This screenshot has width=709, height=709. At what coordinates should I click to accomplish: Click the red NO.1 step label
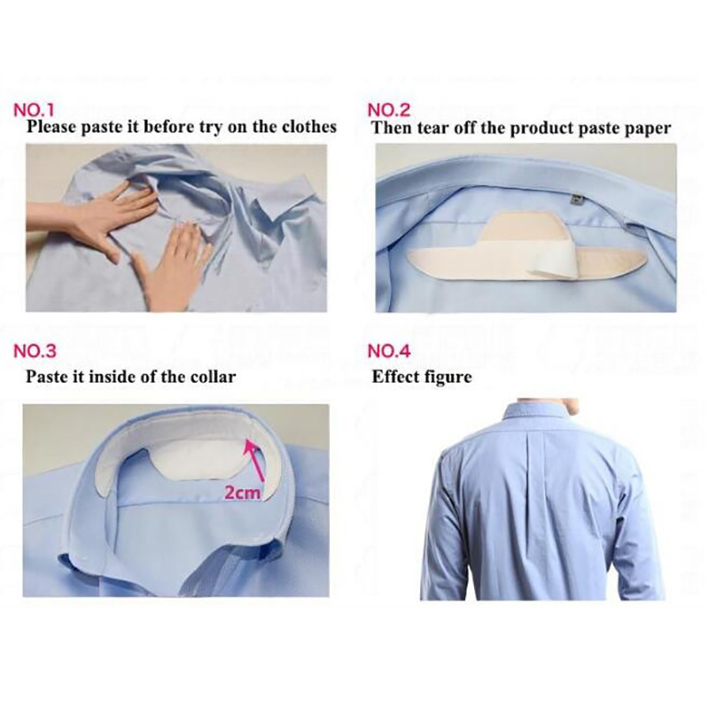pos(35,110)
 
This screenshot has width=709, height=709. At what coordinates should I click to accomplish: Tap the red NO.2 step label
pos(389,110)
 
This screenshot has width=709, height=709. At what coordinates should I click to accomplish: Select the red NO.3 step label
pos(35,351)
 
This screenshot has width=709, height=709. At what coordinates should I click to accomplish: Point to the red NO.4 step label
pos(389,351)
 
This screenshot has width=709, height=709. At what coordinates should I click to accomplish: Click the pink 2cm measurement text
pos(243,493)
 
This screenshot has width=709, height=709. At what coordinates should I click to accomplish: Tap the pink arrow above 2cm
pos(254,461)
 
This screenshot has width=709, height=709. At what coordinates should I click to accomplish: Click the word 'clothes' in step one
pos(309,127)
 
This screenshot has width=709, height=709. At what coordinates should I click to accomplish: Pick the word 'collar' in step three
pos(213,377)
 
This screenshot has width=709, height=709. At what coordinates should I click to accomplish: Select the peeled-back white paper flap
pos(554,267)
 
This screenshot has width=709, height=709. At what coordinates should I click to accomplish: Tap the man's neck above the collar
pos(573,404)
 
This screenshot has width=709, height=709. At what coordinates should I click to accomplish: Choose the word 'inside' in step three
pos(118,377)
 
